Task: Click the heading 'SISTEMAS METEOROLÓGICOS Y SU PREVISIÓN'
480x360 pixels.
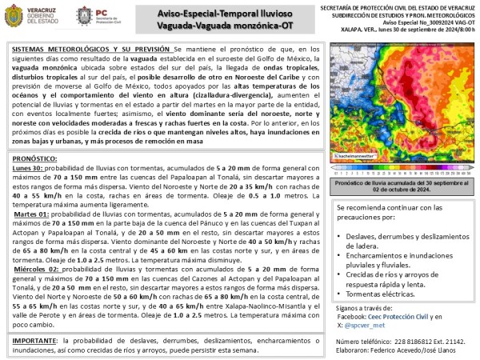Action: [x=91, y=50]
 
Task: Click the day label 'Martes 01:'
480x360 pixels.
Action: [x=31, y=238]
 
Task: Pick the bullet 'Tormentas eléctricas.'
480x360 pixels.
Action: [x=380, y=294]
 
